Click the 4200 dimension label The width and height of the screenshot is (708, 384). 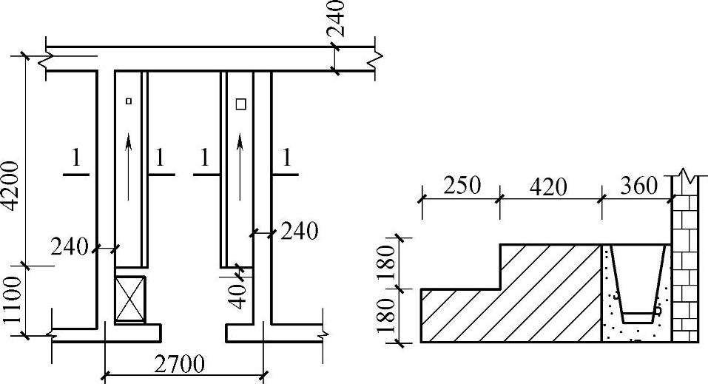point(11,186)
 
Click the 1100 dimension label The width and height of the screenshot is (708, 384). point(12,300)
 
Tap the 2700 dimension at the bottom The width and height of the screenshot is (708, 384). point(179,364)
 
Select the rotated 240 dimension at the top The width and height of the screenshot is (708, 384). point(336,18)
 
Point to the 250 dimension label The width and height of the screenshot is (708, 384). point(462,185)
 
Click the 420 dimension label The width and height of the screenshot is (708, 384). point(547,186)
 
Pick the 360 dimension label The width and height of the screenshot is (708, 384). point(639,185)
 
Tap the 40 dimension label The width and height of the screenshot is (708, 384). point(238,295)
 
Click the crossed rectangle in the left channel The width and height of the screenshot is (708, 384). point(130,300)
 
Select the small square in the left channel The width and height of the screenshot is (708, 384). point(129,101)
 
